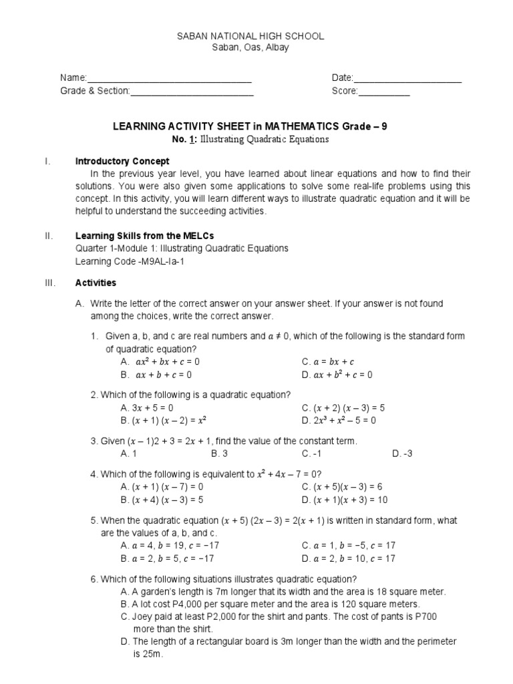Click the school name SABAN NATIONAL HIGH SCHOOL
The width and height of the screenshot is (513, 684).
tap(250, 36)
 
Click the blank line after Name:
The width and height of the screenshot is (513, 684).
tap(170, 79)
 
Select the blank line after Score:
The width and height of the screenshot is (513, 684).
tap(384, 92)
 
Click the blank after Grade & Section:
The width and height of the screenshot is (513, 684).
tap(192, 92)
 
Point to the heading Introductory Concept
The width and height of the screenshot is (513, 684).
tap(122, 161)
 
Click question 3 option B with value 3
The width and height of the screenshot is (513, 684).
tap(220, 454)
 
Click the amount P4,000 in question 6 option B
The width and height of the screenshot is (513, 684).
tap(180, 604)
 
